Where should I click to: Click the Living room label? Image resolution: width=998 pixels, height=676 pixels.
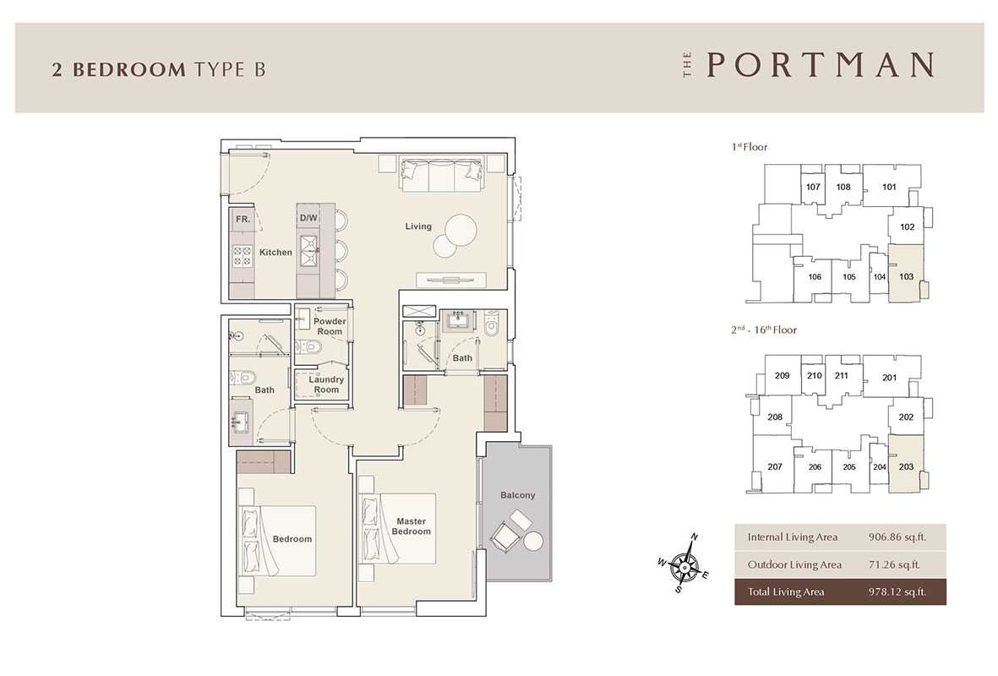coord(418,226)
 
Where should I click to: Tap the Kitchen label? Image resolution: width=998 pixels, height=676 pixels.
coord(275,252)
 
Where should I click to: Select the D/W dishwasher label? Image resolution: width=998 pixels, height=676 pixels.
coord(308,218)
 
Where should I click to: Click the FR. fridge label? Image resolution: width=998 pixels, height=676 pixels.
coord(243,219)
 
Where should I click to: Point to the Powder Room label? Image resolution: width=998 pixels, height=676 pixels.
coord(330,326)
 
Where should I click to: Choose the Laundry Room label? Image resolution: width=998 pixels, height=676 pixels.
coord(326,384)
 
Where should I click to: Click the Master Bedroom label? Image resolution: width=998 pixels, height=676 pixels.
coord(412,526)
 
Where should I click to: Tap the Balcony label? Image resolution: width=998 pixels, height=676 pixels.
coord(517,494)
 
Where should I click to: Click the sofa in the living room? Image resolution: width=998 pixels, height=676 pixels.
coord(441,173)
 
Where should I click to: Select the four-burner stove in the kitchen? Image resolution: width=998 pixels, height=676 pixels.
coord(242,256)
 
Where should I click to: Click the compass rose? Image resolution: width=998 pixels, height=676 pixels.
coord(684,564)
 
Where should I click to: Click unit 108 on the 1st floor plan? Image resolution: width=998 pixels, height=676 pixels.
coord(843,187)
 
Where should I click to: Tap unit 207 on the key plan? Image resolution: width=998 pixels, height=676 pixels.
coord(775,466)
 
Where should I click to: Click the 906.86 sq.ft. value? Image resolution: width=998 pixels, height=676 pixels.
coord(897,537)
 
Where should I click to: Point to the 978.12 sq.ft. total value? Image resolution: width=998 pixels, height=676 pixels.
coord(897,591)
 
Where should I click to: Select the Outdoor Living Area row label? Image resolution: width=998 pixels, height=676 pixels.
coord(794,564)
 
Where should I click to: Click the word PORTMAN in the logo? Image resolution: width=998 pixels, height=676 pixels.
coord(821,65)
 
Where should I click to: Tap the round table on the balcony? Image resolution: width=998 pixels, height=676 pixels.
coord(533,541)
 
